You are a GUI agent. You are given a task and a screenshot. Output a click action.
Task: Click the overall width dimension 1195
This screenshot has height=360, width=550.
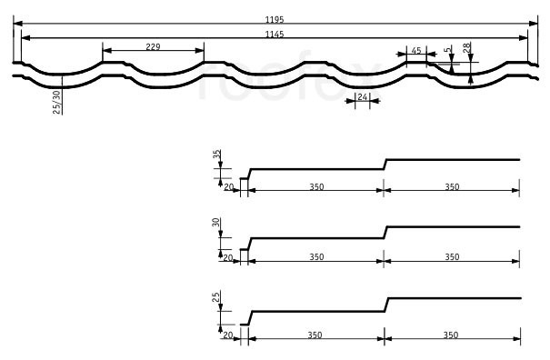click(x=275, y=20)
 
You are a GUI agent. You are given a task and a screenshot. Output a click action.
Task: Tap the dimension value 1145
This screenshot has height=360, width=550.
click(x=275, y=34)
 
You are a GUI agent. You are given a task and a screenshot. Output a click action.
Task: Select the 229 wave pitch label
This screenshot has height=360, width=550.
click(x=153, y=46)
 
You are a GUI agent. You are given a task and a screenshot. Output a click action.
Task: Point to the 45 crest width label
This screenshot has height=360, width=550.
click(x=416, y=51)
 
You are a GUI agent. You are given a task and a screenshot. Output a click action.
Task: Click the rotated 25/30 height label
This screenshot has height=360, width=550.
click(x=56, y=102)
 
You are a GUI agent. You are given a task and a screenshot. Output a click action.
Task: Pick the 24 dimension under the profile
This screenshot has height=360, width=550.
click(x=363, y=96)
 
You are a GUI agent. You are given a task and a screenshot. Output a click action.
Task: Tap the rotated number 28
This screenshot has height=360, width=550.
click(x=466, y=47)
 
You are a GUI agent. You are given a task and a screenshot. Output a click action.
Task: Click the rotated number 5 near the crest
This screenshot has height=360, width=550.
click(x=446, y=50)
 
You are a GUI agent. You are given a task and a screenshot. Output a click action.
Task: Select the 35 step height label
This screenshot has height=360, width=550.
click(x=217, y=154)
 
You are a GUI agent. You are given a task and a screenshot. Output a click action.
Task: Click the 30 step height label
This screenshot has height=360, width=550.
click(x=216, y=222)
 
